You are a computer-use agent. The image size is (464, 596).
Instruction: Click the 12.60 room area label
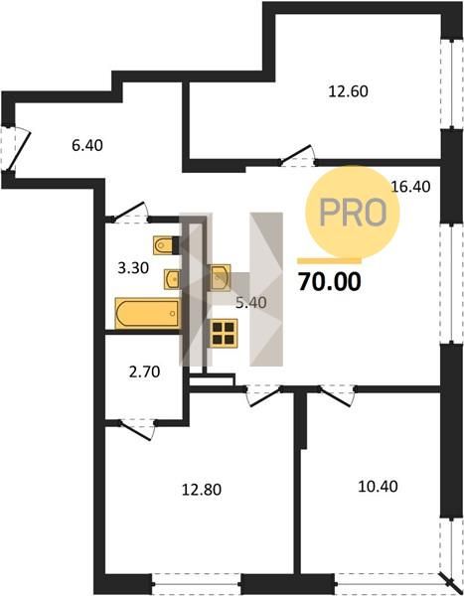[348, 91]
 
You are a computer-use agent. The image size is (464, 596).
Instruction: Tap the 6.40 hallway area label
[87, 145]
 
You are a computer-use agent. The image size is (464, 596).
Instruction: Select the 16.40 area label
[410, 187]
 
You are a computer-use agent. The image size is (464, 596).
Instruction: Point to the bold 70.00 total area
[329, 282]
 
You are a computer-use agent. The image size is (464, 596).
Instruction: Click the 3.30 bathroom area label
[133, 268]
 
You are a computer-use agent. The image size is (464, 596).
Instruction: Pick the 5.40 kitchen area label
[251, 303]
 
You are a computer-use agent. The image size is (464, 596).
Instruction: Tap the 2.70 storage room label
[144, 372]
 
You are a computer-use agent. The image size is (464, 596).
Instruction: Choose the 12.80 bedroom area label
[202, 489]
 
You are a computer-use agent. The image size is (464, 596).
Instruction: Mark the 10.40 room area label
[378, 486]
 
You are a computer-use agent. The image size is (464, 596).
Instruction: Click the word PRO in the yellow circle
[353, 213]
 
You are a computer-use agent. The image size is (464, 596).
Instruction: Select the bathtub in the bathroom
[147, 313]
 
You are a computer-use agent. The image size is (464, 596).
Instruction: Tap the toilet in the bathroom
[166, 245]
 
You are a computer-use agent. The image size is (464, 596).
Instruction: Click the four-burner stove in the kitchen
[224, 334]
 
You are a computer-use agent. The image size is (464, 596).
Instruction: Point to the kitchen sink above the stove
[221, 277]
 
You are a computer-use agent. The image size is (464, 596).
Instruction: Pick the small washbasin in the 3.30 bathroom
[172, 279]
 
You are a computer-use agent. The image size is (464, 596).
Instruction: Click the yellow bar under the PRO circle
[329, 260]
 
